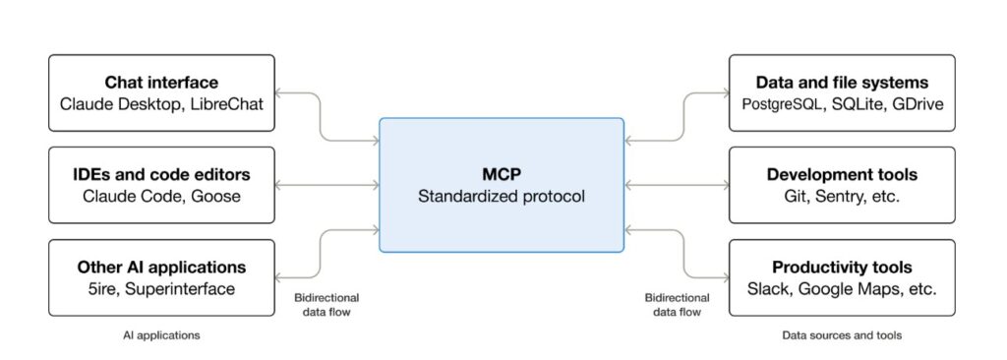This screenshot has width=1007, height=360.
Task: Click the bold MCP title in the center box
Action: [x=501, y=175]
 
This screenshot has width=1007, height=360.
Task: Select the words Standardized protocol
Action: [x=501, y=196]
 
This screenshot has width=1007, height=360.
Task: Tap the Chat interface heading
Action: [x=161, y=83]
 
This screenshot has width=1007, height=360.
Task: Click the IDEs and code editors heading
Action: [x=161, y=175]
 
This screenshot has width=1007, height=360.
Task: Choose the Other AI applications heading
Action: [x=161, y=267]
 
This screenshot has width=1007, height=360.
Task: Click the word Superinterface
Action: [x=180, y=288]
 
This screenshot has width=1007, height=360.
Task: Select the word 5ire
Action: [x=101, y=288]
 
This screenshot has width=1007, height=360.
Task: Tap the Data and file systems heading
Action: [x=842, y=83]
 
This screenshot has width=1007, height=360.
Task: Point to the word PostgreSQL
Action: [x=782, y=104]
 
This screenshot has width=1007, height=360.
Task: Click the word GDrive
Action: [x=918, y=104]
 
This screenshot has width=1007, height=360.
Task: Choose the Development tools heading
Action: [x=842, y=175]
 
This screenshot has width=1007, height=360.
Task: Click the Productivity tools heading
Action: [x=842, y=267]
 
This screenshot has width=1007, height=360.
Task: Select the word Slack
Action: [x=769, y=288]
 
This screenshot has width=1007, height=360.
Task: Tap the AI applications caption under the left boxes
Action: [x=161, y=335]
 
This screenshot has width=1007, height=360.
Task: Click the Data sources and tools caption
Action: [x=842, y=335]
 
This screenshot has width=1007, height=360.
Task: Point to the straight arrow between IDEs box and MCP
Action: [x=326, y=185]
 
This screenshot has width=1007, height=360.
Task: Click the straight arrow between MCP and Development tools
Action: [x=677, y=185]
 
